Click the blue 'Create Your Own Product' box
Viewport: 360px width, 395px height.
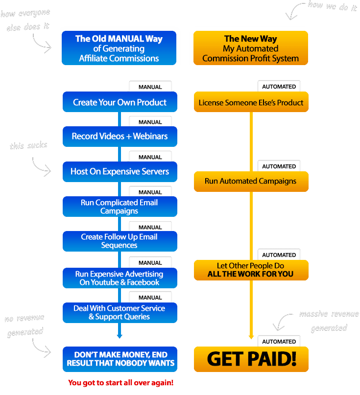coord(120,103)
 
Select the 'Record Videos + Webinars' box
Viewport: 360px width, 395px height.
coord(120,137)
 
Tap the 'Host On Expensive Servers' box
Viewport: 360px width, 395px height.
coord(120,172)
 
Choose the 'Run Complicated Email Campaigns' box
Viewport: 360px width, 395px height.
coord(120,207)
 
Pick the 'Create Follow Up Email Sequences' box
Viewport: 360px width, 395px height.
coord(120,241)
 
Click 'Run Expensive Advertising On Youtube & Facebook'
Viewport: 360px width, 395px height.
coord(120,278)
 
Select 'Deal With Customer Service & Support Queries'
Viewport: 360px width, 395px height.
coord(120,312)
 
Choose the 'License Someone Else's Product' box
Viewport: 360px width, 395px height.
coord(251,103)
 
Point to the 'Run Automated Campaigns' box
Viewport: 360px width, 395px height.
coord(251,181)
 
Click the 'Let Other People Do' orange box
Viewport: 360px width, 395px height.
coord(251,270)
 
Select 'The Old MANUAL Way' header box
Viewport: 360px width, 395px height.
coord(119,48)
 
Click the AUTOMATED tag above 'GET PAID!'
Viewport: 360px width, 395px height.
coord(279,342)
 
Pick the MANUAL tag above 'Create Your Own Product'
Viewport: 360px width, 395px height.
coord(150,87)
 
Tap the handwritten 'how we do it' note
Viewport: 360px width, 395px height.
coord(332,6)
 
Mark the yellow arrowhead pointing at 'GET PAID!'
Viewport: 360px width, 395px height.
coord(251,337)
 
